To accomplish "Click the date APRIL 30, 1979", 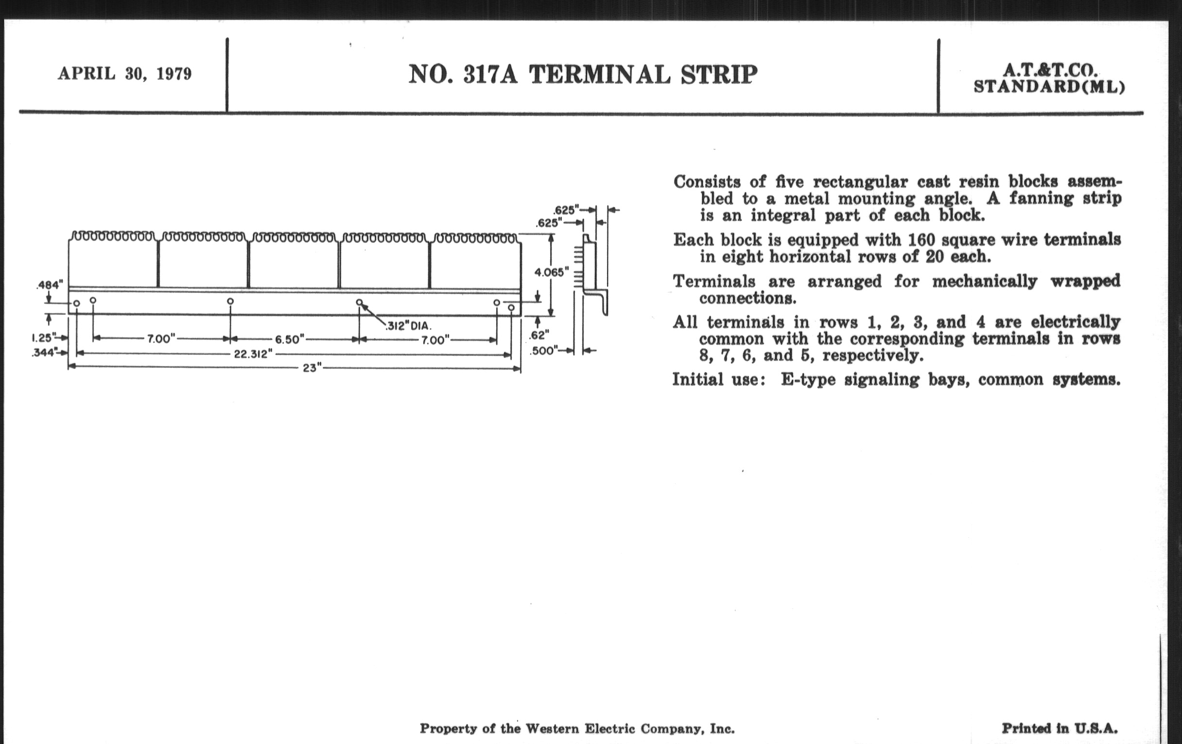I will coord(125,73).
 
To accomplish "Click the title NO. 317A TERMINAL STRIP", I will coord(583,75).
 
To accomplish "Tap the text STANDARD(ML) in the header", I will coord(1049,87).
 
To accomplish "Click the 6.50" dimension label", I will coord(290,339).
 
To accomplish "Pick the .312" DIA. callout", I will coord(409,326).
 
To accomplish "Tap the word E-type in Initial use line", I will coord(808,380).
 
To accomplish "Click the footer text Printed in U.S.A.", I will coord(1060,728).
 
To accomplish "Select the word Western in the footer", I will coord(552,729).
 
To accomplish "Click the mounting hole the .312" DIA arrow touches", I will coord(359,302).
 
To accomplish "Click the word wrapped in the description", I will coord(1085,282).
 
